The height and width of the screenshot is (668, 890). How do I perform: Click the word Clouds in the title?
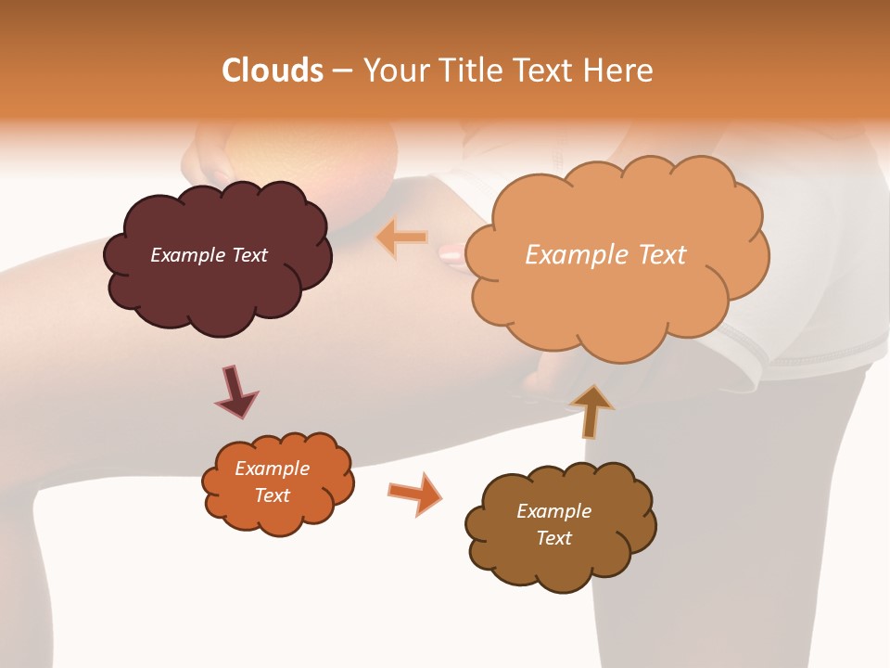pyautogui.click(x=272, y=71)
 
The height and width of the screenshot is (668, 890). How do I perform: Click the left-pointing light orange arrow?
pyautogui.click(x=401, y=238)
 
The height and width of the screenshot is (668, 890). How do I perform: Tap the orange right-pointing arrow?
pyautogui.click(x=414, y=493)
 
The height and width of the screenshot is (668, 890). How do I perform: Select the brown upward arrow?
pyautogui.click(x=591, y=409)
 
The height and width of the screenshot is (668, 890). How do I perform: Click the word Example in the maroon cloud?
pyautogui.click(x=186, y=255)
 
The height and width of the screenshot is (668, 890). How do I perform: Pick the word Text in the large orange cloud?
pyautogui.click(x=662, y=255)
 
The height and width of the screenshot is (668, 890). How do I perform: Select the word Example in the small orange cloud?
pyautogui.click(x=272, y=469)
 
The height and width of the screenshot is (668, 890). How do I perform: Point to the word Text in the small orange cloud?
pyautogui.click(x=272, y=495)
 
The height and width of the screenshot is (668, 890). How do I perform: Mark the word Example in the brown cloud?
pyautogui.click(x=553, y=511)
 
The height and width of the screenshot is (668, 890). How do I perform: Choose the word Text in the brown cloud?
pyautogui.click(x=553, y=538)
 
